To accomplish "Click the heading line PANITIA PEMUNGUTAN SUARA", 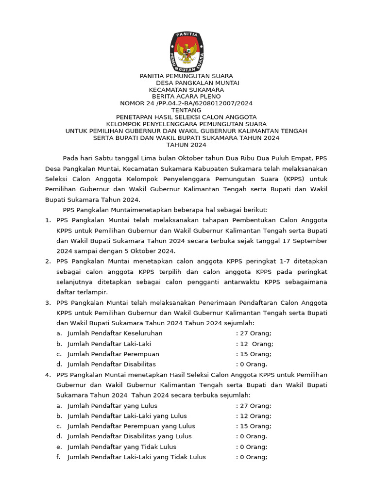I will pos(186,76).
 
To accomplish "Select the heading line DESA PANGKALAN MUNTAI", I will pos(197,83).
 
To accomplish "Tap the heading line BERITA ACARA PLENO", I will pos(186,97).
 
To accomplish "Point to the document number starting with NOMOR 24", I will pos(186,103).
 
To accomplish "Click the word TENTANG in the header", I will pos(186,110).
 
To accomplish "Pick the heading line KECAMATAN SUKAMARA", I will pos(186,90).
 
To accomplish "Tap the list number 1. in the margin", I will pos(48,220).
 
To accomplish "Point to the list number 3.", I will pos(48,302).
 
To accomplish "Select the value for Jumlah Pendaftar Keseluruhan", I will pos(254,333).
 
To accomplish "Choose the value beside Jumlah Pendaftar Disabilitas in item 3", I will pos(252,364).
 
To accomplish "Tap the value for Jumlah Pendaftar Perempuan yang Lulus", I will pos(254,426).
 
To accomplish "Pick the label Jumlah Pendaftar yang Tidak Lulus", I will pos(122,447).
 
